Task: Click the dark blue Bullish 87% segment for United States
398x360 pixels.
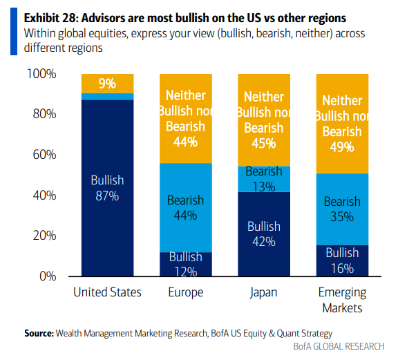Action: pyautogui.click(x=107, y=188)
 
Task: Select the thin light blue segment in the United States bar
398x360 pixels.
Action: pyautogui.click(x=107, y=97)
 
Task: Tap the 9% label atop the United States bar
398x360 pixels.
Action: pyautogui.click(x=107, y=84)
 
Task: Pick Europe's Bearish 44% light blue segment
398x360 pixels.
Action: pyautogui.click(x=186, y=208)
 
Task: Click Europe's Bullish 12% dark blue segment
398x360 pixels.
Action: pyautogui.click(x=186, y=264)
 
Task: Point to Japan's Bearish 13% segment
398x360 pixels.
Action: pyautogui.click(x=264, y=179)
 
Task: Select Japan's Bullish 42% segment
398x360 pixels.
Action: pyautogui.click(x=264, y=234)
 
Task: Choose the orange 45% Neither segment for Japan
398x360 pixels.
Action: pyautogui.click(x=264, y=120)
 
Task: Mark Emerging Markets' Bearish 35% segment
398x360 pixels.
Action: pyautogui.click(x=343, y=209)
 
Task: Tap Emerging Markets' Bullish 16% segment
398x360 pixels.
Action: pyautogui.click(x=343, y=260)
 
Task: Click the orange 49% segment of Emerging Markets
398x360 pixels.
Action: pyautogui.click(x=343, y=124)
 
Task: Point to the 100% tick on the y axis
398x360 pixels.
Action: pyautogui.click(x=41, y=74)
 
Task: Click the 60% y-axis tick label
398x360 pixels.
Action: pyautogui.click(x=44, y=155)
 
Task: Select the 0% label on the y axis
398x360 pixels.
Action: pyautogui.click(x=48, y=276)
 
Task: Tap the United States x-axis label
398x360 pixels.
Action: pyautogui.click(x=107, y=292)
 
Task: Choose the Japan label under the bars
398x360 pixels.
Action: pyautogui.click(x=263, y=292)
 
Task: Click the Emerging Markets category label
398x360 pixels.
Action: pyautogui.click(x=343, y=300)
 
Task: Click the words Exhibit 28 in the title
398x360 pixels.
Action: pyautogui.click(x=50, y=18)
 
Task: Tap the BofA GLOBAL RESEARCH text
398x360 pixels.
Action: pyautogui.click(x=339, y=347)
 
